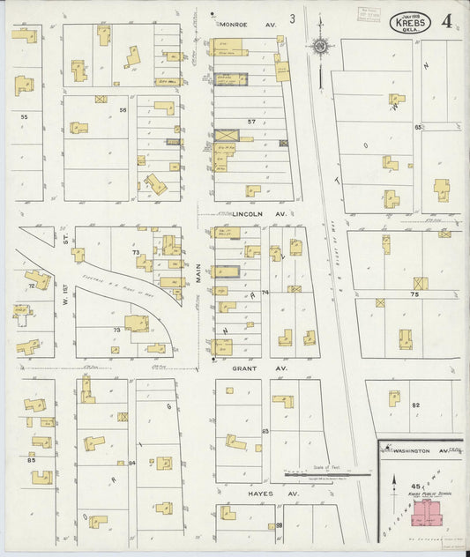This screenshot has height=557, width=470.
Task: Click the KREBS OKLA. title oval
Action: click(x=409, y=22)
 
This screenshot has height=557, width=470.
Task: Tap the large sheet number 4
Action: click(x=449, y=20)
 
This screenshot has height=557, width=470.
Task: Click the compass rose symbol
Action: click(x=320, y=46)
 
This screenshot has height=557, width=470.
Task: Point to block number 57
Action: click(x=251, y=121)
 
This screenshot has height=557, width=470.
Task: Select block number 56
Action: click(x=123, y=110)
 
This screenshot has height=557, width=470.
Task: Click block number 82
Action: click(x=415, y=404)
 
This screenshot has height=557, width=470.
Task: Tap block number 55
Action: click(x=25, y=116)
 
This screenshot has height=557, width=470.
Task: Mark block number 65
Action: click(x=417, y=127)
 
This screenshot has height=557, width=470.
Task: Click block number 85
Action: click(x=31, y=459)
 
